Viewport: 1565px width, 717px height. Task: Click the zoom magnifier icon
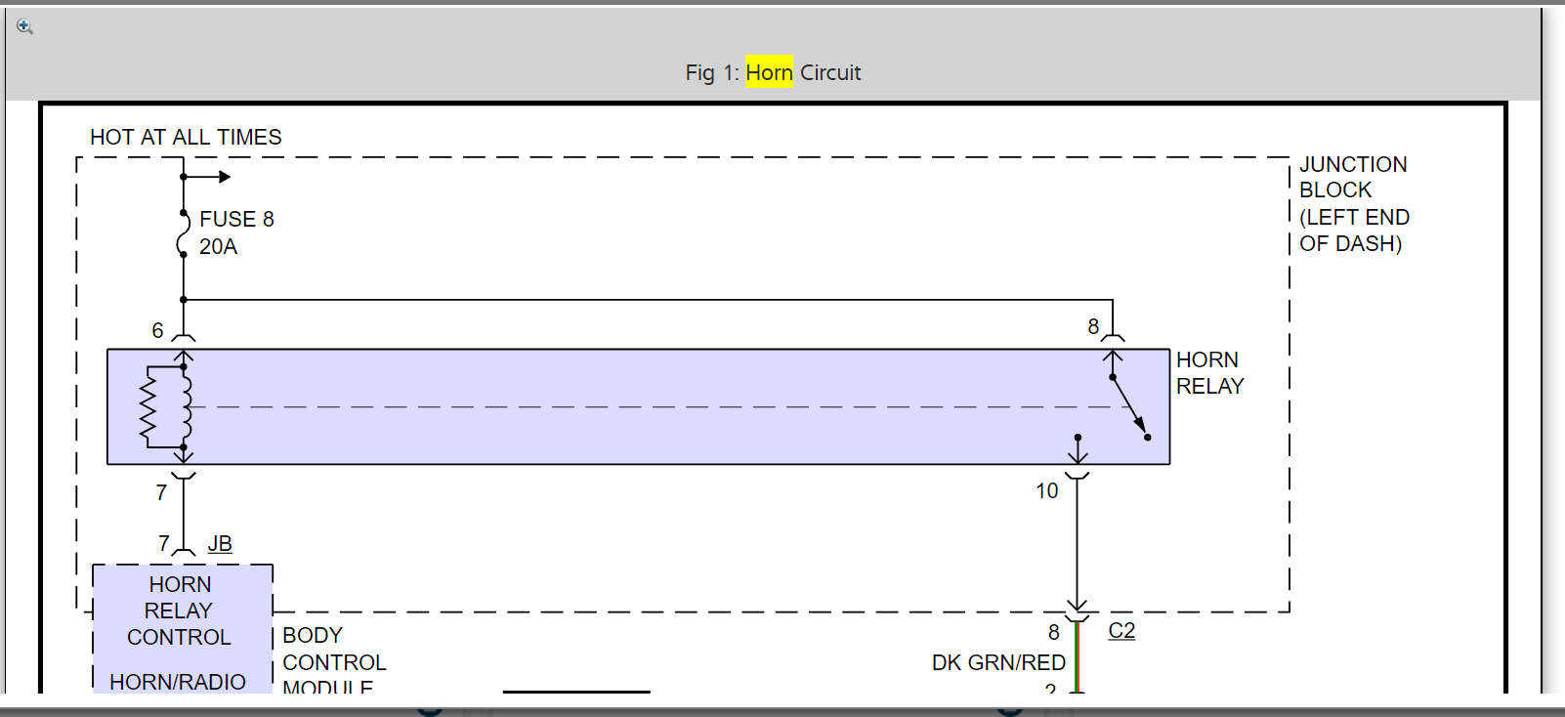tap(25, 27)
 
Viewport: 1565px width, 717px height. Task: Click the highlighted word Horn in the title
tap(769, 72)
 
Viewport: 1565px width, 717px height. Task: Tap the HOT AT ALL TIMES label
tap(186, 137)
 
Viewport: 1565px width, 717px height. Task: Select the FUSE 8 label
tap(236, 219)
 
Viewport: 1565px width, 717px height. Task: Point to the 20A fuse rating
tap(218, 246)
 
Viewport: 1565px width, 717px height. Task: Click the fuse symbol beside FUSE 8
tap(183, 233)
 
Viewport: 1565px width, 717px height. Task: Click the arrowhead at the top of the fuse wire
tap(225, 177)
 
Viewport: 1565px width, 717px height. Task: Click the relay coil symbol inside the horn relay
tap(185, 406)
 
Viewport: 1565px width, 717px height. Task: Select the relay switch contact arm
tap(1128, 404)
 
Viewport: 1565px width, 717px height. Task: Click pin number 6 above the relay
tap(157, 330)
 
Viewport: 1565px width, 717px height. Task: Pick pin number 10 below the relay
tap(1047, 490)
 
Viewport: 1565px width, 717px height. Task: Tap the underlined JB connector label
tap(220, 543)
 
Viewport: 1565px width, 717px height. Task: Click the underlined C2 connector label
tap(1121, 630)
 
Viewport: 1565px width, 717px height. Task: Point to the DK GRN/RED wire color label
tap(998, 662)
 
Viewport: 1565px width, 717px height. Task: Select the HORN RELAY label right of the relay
tap(1209, 373)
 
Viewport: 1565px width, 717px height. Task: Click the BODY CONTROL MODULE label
tap(334, 661)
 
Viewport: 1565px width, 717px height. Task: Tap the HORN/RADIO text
tap(178, 681)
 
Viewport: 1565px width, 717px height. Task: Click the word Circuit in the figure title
tap(830, 72)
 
